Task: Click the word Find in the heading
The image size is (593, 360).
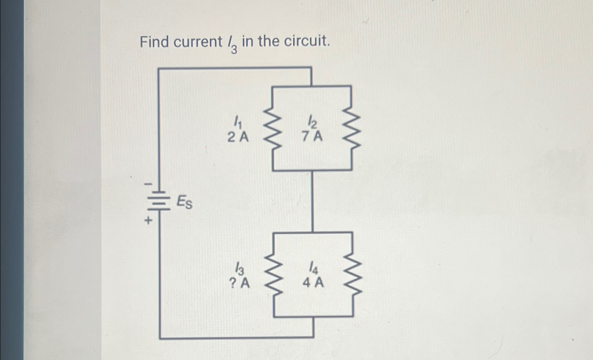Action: [x=154, y=42]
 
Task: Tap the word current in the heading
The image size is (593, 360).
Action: [x=198, y=42]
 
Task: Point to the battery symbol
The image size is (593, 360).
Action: [x=160, y=201]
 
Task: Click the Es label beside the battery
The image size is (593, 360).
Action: [x=184, y=202]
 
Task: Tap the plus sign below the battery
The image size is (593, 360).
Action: [x=148, y=220]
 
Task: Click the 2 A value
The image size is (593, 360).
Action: [x=238, y=137]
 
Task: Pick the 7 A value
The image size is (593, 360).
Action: [x=312, y=136]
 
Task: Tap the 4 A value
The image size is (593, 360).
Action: [x=313, y=282]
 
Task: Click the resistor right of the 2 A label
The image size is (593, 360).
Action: [x=273, y=128]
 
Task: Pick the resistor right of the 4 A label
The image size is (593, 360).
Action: [x=353, y=275]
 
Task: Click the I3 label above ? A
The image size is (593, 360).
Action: [x=239, y=268]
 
